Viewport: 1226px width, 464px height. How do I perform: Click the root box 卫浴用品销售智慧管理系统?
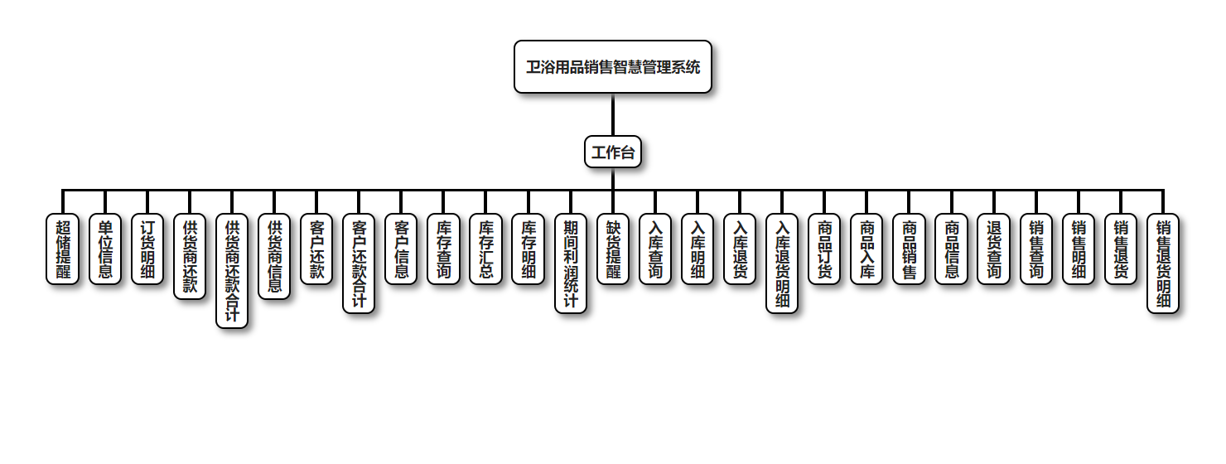[x=613, y=67]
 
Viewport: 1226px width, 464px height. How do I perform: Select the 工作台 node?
[x=613, y=152]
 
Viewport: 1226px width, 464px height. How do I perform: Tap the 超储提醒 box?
[x=62, y=249]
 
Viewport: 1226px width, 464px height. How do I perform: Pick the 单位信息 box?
[x=104, y=249]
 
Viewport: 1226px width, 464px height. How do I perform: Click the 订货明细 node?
[x=147, y=249]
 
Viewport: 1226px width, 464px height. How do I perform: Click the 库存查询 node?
[x=443, y=249]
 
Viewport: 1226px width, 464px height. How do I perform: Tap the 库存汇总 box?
[x=485, y=249]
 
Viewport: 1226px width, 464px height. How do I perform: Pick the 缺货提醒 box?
[x=613, y=249]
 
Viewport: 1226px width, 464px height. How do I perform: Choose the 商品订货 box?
[x=824, y=249]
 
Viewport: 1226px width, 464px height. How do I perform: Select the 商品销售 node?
[x=909, y=249]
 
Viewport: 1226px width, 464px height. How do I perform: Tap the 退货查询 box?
[x=993, y=249]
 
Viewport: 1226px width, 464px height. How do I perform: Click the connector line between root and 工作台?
[x=613, y=114]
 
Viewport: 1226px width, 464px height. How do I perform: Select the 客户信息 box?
[x=401, y=249]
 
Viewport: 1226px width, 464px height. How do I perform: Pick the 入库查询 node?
[x=655, y=249]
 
